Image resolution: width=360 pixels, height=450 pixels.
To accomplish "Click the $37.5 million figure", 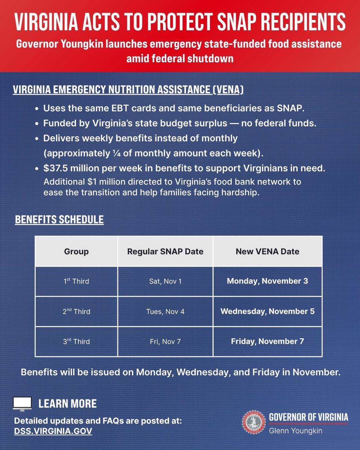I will [x=70, y=169].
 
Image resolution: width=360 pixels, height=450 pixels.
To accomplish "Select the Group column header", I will [x=76, y=252].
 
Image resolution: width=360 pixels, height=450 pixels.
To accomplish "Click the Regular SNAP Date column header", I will [x=165, y=252].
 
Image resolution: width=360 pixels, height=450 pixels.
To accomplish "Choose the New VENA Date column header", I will [x=267, y=252].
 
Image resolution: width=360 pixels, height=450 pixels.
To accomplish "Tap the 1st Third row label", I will [x=76, y=281].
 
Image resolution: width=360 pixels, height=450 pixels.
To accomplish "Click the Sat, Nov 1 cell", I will [x=165, y=281].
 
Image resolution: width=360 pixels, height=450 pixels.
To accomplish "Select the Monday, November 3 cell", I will [x=267, y=281].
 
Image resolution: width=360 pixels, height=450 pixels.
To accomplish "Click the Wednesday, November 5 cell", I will [x=267, y=311].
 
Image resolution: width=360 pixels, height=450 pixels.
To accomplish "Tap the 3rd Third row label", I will [x=76, y=341].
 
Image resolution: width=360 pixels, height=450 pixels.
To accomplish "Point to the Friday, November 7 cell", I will [x=267, y=341].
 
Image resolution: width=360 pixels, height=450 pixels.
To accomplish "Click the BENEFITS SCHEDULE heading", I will [x=59, y=220].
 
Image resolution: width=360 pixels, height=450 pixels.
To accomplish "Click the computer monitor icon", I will [x=22, y=403].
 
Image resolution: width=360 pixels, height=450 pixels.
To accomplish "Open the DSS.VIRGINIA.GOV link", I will [x=53, y=431].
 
